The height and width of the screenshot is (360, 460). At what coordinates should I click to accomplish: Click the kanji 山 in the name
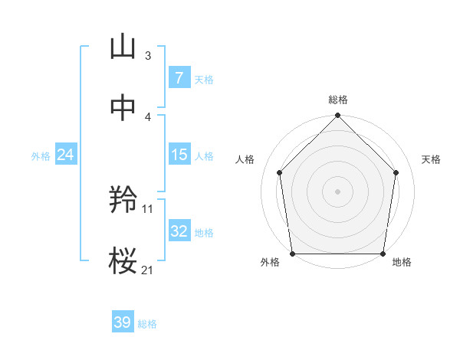coord(123,47)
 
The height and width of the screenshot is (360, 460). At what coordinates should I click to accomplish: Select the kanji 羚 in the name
coord(123,201)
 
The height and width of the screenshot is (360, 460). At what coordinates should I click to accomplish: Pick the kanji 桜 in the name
coord(123,261)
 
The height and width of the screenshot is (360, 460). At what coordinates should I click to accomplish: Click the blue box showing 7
coord(179,77)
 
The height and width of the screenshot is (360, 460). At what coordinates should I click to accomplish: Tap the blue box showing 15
coord(179,155)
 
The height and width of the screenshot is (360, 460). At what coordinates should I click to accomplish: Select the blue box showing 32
coord(179,231)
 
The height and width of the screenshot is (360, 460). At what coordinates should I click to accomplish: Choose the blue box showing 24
coord(65,155)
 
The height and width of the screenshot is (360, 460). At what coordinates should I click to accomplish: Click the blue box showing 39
coord(122,322)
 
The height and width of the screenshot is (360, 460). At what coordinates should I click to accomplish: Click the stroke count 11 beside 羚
coord(148,208)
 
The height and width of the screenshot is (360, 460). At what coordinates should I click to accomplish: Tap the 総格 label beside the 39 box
coord(147,324)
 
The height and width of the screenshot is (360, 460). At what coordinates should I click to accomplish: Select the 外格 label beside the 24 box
coord(41,156)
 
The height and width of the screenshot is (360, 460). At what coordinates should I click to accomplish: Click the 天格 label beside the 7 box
coord(203,79)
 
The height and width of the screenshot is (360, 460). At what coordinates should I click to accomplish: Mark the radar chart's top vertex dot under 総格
coord(337,116)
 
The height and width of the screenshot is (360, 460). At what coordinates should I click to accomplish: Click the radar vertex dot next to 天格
coord(396,172)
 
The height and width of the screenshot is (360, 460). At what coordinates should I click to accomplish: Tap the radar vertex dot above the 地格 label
coord(383,254)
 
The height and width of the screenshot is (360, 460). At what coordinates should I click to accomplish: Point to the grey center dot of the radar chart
coord(337,191)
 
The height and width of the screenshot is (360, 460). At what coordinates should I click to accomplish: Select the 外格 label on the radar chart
coord(270,263)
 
